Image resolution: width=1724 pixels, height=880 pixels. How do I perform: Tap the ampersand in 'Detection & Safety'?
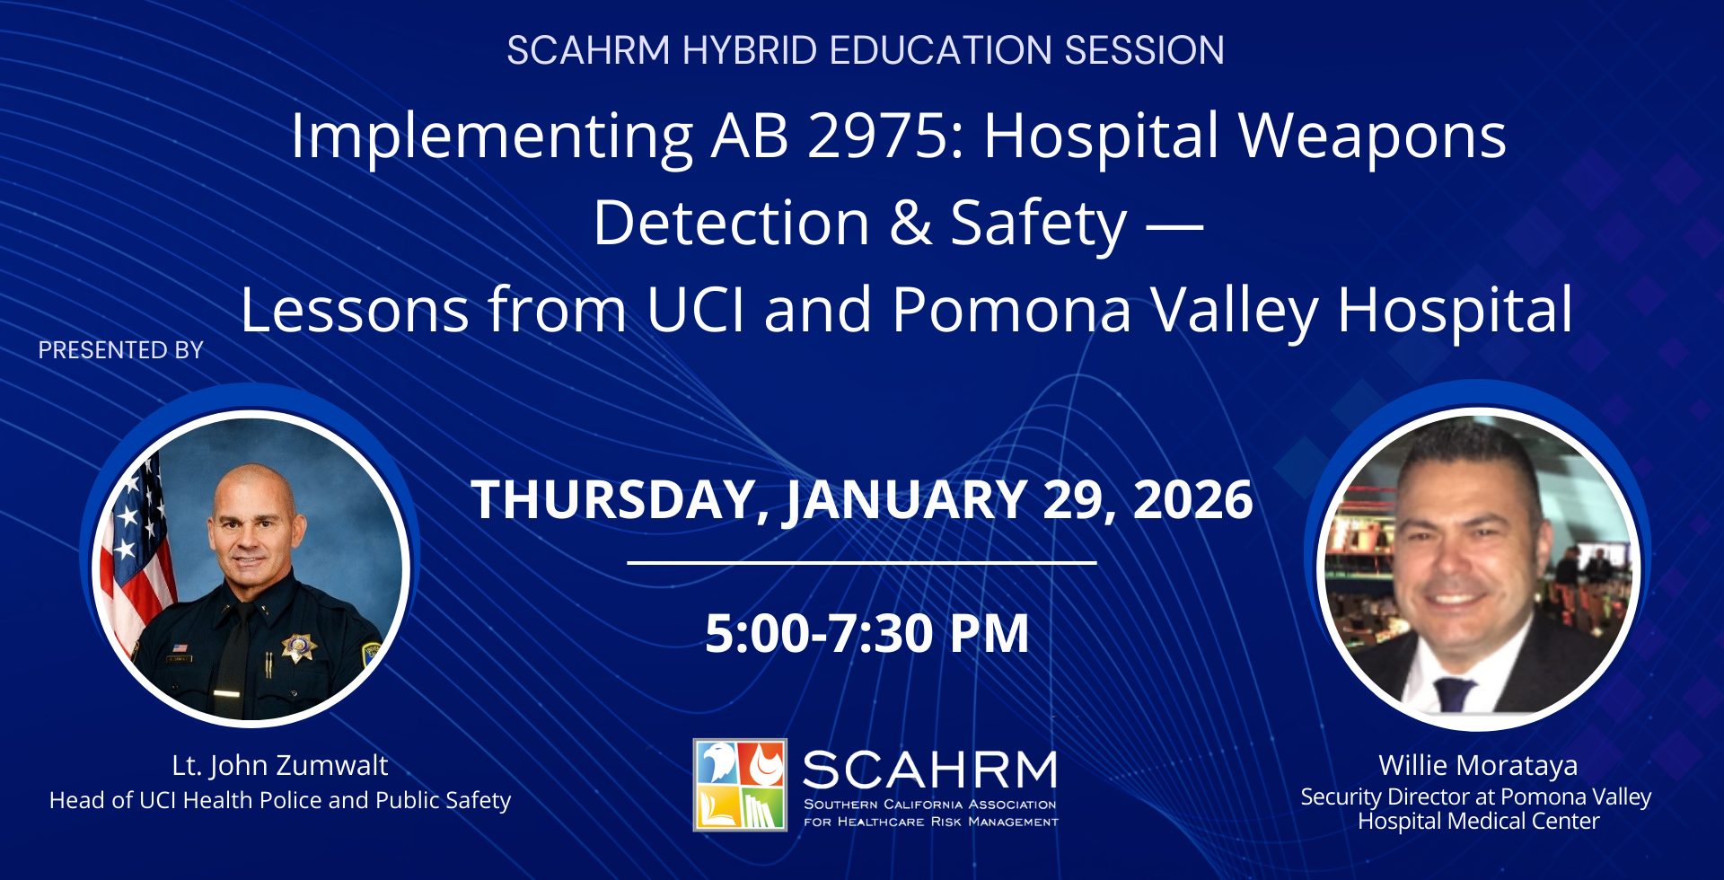point(910,224)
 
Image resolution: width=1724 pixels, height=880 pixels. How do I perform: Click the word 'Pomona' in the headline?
point(1011,310)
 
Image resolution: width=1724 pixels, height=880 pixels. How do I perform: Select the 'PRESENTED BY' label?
point(121,350)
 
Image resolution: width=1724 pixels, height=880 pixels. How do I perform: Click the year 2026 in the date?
point(1192,500)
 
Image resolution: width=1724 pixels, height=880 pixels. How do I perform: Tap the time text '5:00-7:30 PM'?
point(866,633)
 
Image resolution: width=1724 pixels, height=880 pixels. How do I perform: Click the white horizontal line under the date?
point(862,563)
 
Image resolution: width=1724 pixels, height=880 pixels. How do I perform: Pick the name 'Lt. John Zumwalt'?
point(280,766)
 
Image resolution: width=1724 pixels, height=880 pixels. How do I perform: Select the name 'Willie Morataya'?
point(1478,765)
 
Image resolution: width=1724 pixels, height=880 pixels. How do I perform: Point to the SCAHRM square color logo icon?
point(740,785)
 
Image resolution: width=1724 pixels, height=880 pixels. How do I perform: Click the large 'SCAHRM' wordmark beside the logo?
point(930,770)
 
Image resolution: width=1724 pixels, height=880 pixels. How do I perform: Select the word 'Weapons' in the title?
point(1372,137)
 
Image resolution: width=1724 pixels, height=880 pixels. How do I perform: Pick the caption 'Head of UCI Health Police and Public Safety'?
point(280,800)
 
